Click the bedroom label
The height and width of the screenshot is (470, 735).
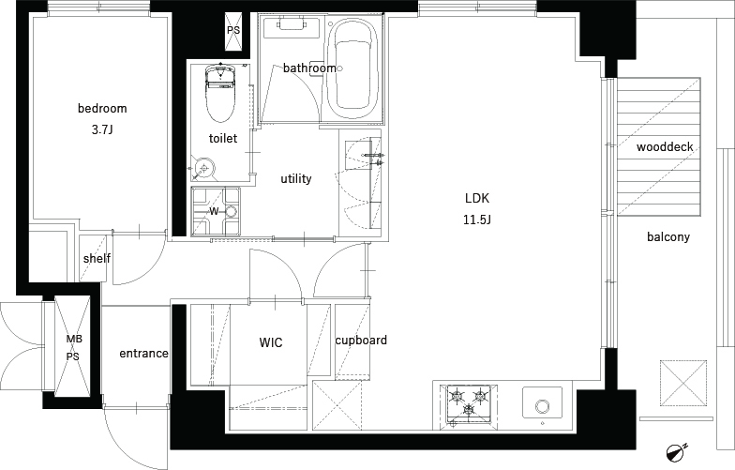(x=102, y=109)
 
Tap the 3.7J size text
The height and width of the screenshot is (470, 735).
(x=102, y=129)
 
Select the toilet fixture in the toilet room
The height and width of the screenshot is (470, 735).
(x=219, y=92)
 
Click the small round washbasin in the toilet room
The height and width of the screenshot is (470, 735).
(x=204, y=167)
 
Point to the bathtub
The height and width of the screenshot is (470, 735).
(x=352, y=69)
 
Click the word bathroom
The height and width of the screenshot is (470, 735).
(x=309, y=68)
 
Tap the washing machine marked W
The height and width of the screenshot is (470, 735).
(x=216, y=211)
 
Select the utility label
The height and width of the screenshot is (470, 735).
(x=296, y=178)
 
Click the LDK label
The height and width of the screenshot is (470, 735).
(x=477, y=199)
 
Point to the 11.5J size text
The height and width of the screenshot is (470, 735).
(x=477, y=220)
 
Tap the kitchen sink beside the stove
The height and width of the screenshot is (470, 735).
(x=543, y=402)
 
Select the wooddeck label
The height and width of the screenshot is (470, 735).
(x=665, y=147)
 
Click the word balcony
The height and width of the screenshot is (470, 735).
(x=668, y=236)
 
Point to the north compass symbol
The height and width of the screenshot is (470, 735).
(x=675, y=451)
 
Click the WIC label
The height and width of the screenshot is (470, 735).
(x=271, y=343)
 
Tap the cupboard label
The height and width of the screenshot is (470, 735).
(x=361, y=340)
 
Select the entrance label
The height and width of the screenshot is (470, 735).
(x=144, y=353)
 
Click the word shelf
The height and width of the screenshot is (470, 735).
(x=97, y=259)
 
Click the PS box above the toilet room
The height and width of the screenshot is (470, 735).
(x=233, y=30)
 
